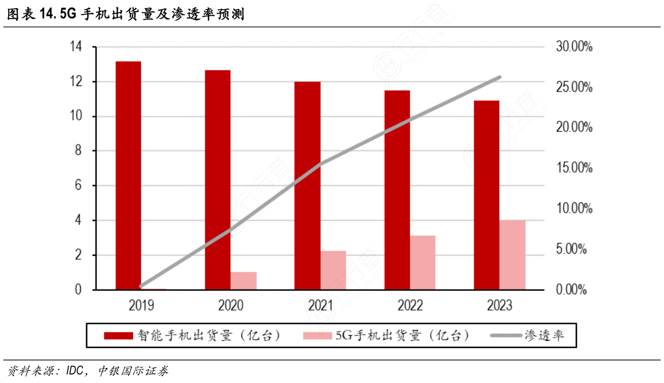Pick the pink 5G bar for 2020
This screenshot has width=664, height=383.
244,280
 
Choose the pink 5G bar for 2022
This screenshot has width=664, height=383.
422,262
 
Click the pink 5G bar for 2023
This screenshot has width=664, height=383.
512,255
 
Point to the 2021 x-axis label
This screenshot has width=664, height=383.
321,305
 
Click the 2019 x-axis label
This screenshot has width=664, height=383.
141,305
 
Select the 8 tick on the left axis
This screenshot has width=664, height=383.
78,151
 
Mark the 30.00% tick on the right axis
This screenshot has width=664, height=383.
574,47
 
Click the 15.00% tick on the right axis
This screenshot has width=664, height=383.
574,168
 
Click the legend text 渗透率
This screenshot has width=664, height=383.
544,336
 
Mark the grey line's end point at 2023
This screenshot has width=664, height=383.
499,78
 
